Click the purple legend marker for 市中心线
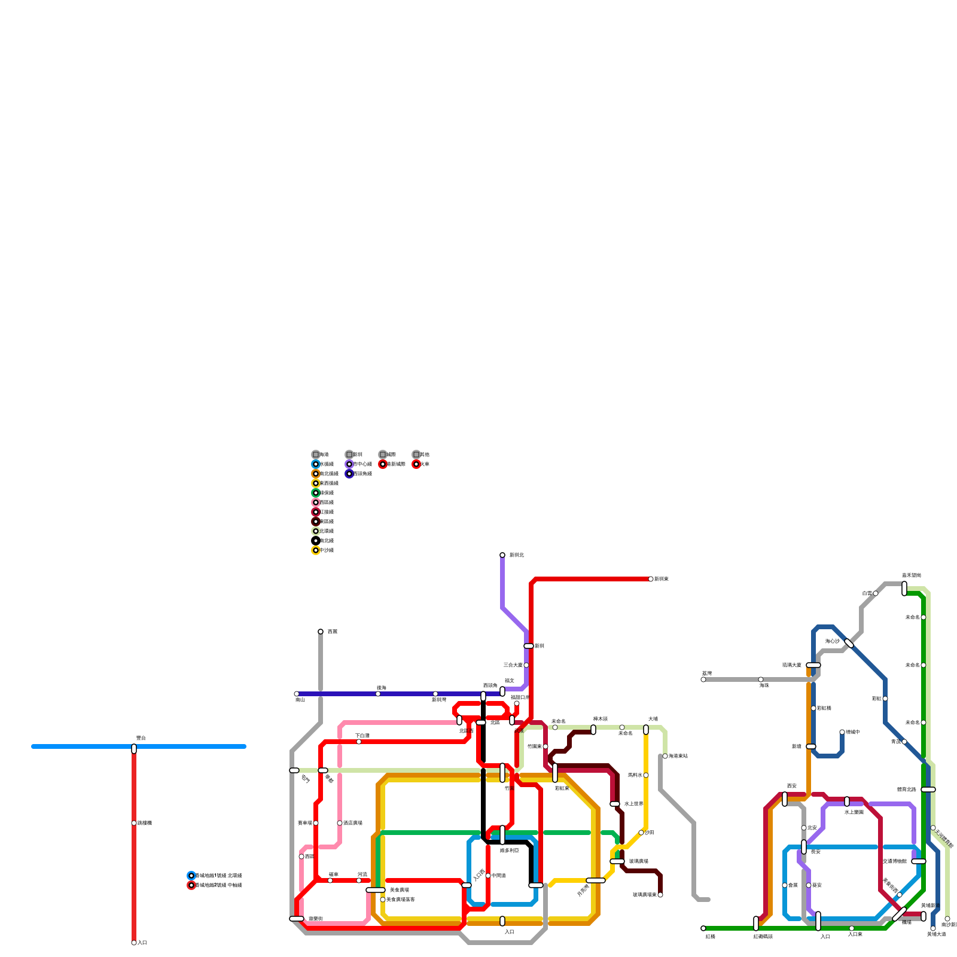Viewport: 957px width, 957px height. point(349,464)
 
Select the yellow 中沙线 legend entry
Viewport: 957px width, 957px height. point(316,550)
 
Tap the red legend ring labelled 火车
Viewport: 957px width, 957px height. point(416,464)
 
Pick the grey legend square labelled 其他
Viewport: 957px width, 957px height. point(416,455)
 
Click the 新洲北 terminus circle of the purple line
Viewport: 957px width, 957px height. point(502,555)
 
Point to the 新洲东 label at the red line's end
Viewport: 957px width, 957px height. point(661,579)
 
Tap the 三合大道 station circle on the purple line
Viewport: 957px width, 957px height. point(526,665)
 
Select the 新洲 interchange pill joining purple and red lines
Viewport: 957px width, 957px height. point(529,646)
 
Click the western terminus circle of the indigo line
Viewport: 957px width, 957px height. point(297,694)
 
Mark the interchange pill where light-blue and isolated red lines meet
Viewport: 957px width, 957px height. point(134,749)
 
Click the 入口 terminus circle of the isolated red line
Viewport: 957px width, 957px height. point(134,943)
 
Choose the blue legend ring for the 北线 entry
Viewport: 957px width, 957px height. point(191,876)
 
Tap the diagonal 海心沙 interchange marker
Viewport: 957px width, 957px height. point(849,644)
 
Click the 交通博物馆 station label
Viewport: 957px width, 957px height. point(895,861)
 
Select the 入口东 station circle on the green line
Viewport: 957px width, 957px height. point(852,928)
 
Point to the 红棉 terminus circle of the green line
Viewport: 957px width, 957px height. point(703,928)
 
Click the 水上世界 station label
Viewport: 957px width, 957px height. point(634,804)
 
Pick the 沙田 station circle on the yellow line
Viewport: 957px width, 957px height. point(641,833)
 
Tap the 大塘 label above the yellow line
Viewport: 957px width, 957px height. point(653,719)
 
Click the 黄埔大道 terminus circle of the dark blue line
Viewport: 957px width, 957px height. point(933,928)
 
